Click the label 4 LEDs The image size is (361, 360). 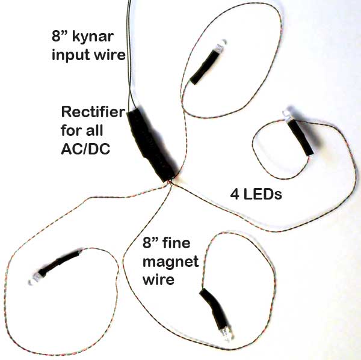(256, 195)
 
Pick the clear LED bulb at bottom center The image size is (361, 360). (226, 334)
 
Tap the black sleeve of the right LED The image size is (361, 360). (301, 136)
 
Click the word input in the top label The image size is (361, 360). (69, 56)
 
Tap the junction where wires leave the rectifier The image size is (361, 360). (172, 180)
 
